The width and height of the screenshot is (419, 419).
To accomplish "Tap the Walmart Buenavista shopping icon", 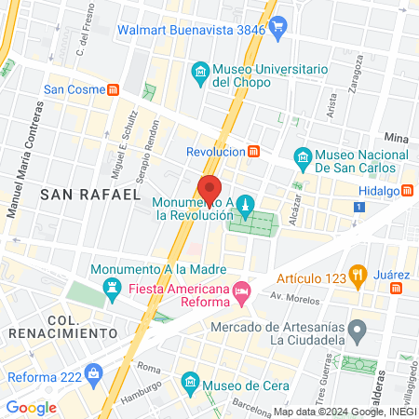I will (x=277, y=28).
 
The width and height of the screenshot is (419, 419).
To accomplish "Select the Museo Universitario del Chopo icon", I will (x=198, y=72).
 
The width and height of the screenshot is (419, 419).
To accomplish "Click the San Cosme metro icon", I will (x=114, y=90).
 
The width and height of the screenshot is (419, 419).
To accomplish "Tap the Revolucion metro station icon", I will (x=253, y=151).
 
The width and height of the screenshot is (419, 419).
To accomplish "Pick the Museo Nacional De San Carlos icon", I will (x=302, y=158).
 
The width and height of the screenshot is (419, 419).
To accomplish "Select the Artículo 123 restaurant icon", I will (x=356, y=275).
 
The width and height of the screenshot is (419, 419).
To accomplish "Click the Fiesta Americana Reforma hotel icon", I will (x=241, y=292).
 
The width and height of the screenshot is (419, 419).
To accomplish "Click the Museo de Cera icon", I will (x=190, y=383).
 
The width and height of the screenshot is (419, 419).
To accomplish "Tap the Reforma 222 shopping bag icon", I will (x=93, y=376).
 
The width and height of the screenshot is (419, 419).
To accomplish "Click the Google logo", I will (x=31, y=407).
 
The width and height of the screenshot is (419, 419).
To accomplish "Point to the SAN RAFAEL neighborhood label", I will (x=89, y=193).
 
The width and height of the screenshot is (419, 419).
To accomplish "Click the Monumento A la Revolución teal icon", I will (x=245, y=203).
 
